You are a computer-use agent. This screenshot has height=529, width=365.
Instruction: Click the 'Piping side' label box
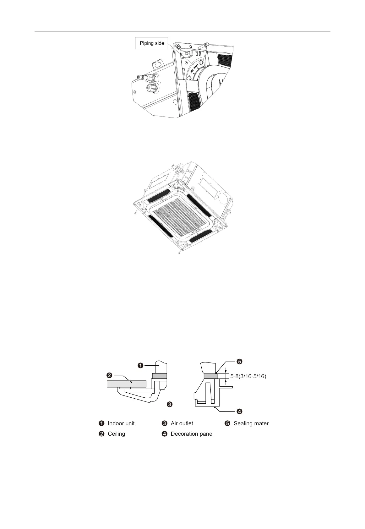coord(152,43)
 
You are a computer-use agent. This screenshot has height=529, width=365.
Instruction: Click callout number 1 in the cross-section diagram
coord(140,365)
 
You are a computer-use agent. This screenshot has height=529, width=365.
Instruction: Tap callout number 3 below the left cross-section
coord(169,404)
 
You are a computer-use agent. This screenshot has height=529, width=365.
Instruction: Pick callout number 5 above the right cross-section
coord(239,362)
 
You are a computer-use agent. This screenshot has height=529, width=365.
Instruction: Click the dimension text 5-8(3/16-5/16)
coord(248,376)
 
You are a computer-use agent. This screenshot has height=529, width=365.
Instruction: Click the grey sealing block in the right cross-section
coord(210,376)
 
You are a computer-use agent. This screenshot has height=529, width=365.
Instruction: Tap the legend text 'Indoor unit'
coord(121,423)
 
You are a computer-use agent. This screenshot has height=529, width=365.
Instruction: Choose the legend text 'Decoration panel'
coord(192,434)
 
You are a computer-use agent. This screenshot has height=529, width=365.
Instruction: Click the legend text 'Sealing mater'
coord(251,423)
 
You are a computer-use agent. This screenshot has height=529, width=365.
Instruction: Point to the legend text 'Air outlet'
coord(182,423)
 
